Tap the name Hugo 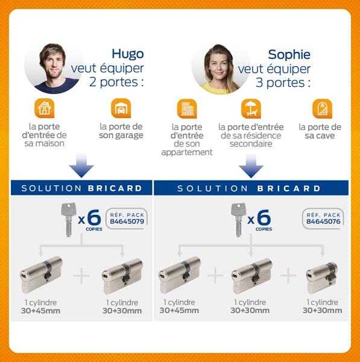127,54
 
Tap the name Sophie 289,54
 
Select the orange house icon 44,109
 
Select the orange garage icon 121,109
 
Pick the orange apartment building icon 186,109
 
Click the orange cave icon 321,109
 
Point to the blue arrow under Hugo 81,164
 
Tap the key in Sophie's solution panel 237,218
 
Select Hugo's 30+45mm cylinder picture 42,275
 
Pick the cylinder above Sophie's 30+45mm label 179,275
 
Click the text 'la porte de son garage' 121,131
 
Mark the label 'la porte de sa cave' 320,131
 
